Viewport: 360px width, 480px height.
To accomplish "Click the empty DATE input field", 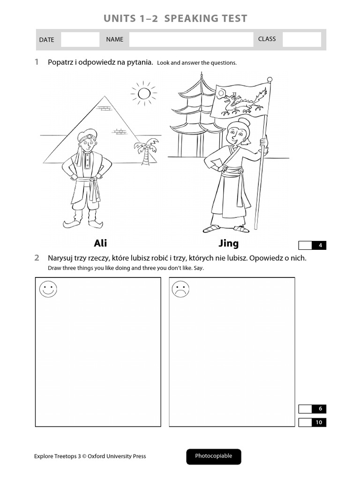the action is click(80, 39).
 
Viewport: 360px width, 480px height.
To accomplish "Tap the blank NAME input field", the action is click(191, 39).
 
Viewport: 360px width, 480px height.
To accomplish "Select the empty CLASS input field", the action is click(302, 39).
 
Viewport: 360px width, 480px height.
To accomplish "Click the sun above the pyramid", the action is click(144, 93).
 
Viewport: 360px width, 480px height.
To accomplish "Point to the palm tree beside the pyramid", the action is click(146, 151).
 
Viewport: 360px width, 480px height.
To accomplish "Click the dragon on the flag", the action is click(242, 103).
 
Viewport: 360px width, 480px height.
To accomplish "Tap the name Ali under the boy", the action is click(100, 243).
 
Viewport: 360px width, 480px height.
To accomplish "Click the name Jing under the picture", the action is click(229, 243).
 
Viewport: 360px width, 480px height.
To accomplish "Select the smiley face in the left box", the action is click(48, 289).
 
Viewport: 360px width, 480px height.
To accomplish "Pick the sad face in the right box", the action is click(180, 289).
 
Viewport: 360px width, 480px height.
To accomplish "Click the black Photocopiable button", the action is click(214, 457).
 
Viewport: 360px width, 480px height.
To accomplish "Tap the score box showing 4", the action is click(313, 245).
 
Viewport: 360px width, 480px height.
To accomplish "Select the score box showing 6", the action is click(313, 409).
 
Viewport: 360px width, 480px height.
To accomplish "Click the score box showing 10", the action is click(313, 422).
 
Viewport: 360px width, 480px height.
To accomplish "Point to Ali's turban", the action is click(87, 135).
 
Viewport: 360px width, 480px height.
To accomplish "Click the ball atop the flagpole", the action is click(270, 80).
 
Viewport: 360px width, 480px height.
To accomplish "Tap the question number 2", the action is click(37, 258).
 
